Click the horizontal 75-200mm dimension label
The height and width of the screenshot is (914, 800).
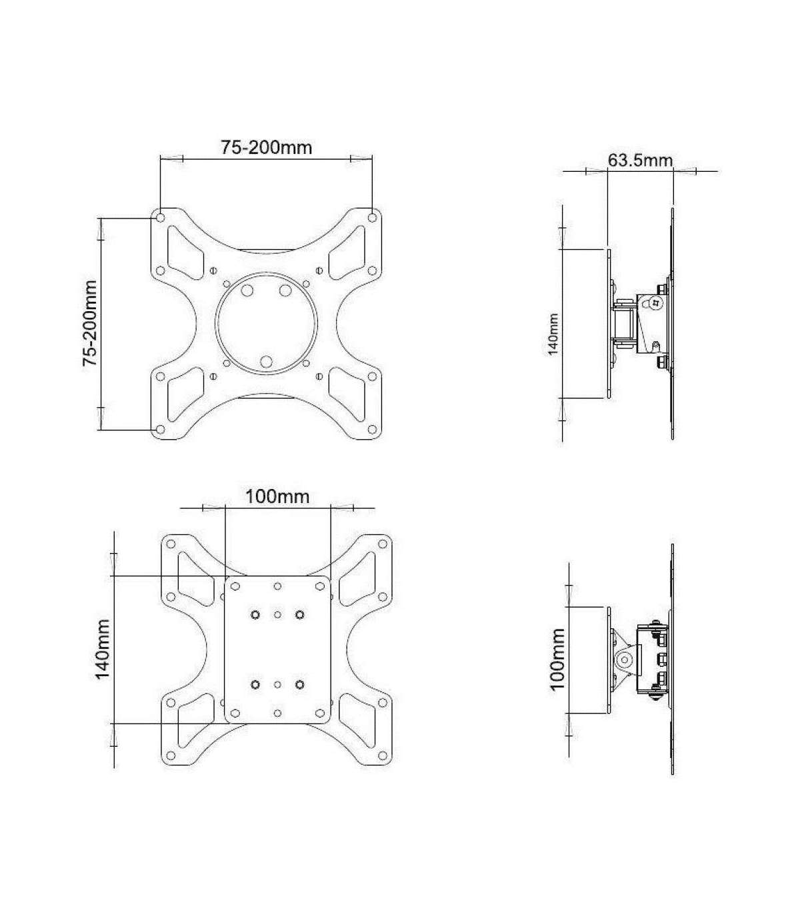tap(267, 147)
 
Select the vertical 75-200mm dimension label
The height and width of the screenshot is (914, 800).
tap(90, 323)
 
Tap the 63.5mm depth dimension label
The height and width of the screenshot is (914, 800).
tap(640, 159)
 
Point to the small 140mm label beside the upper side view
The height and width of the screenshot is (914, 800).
tap(553, 334)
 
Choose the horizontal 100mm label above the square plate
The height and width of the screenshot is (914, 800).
tap(277, 496)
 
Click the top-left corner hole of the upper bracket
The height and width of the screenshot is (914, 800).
tap(161, 218)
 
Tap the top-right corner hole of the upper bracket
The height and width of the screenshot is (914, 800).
tap(372, 218)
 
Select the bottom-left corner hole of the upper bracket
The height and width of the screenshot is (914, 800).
tap(161, 429)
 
